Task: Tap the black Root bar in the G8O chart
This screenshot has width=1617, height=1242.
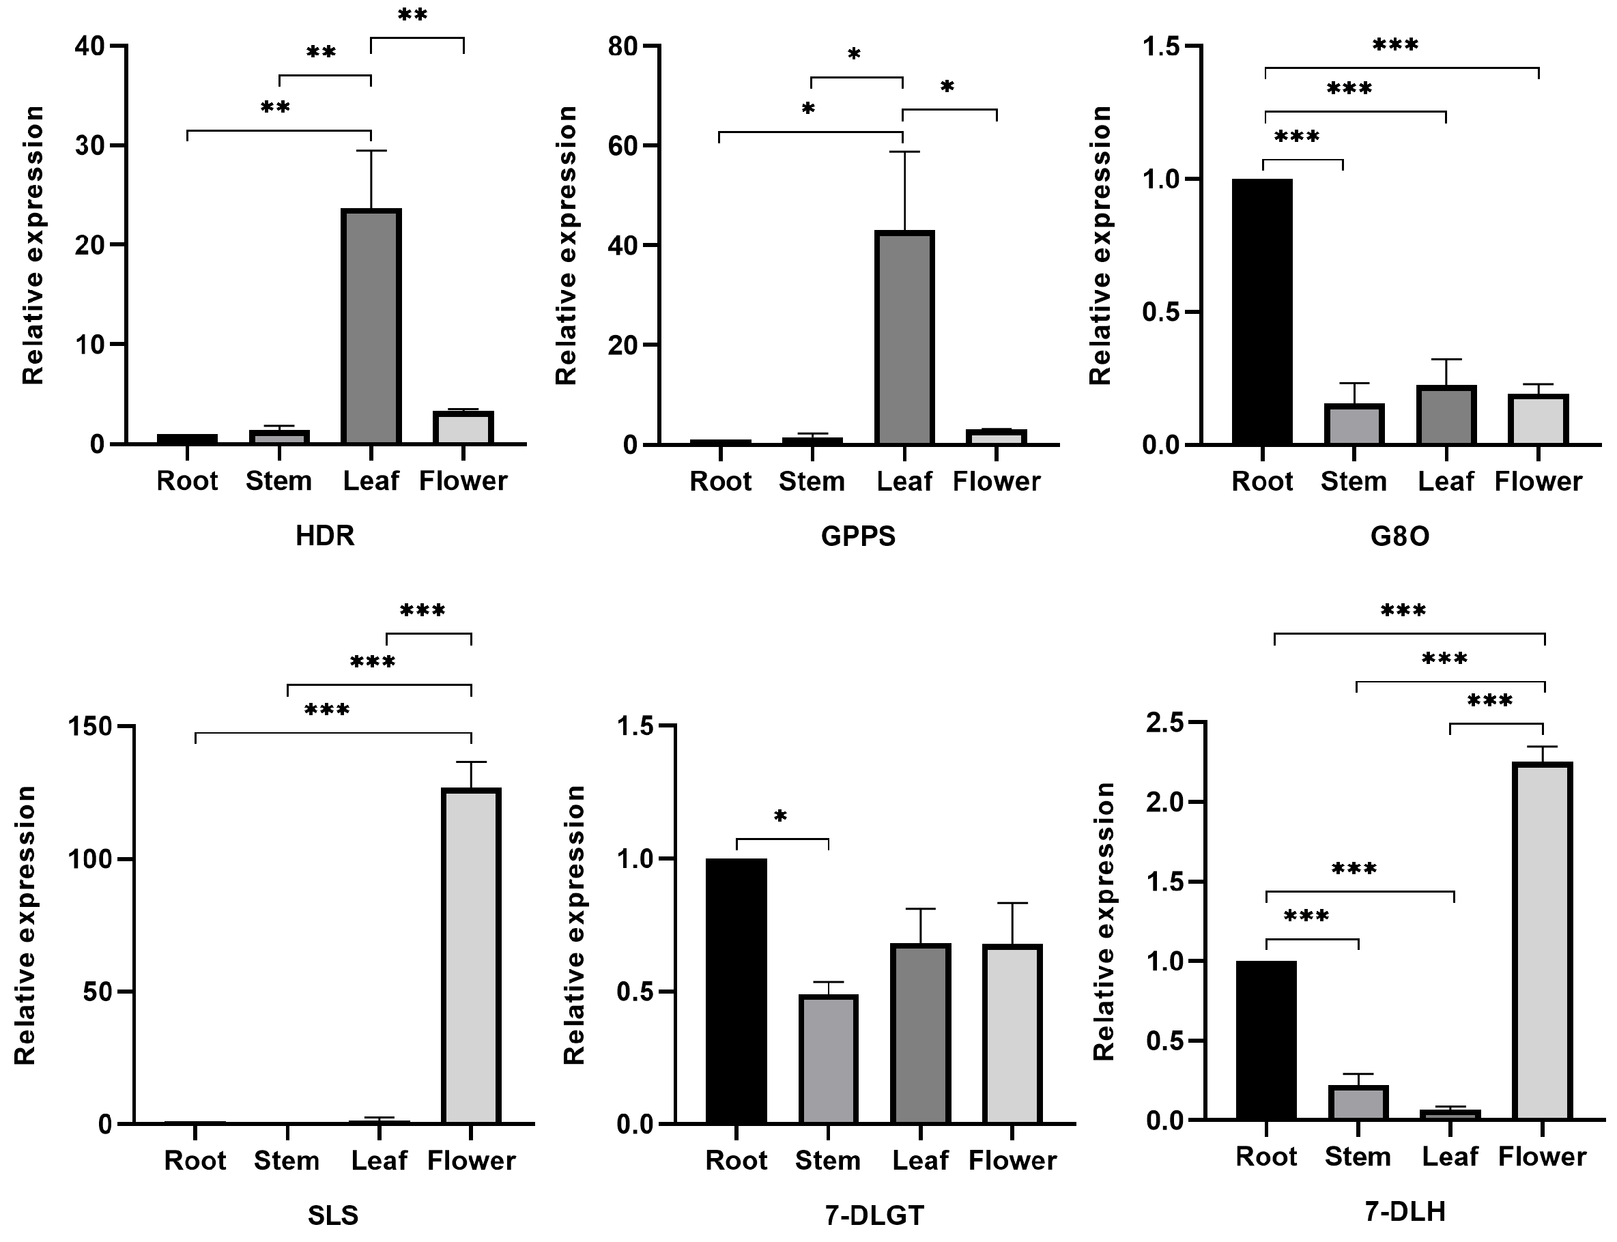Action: (1262, 311)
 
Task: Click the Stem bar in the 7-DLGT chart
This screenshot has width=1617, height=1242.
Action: (828, 1058)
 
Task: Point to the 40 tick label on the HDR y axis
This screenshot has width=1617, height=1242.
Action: (89, 46)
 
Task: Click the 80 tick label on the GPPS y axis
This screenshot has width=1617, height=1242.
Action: (623, 46)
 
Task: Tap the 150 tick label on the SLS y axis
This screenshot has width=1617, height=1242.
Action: (90, 726)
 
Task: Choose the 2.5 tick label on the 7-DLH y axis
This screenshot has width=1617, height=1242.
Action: (1166, 721)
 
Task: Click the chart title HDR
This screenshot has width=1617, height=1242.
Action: (326, 535)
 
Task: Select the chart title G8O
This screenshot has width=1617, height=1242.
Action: (1400, 535)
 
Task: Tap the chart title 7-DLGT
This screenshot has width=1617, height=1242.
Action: (874, 1215)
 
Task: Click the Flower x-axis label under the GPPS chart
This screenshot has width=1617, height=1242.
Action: (996, 481)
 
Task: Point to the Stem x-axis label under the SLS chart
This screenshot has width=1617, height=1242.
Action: (286, 1160)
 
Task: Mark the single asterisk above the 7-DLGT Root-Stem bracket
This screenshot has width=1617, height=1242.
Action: (781, 817)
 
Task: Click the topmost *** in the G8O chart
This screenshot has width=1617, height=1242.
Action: (1395, 46)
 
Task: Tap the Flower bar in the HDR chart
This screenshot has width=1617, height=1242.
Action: (463, 427)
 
